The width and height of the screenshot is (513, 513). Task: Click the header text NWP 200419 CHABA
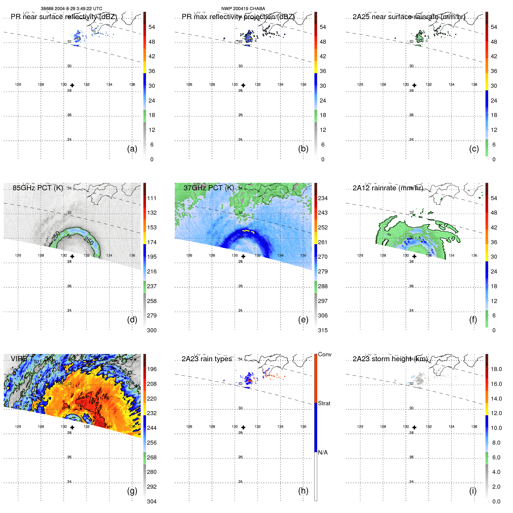(243, 9)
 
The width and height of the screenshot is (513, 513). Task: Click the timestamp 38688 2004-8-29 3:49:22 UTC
(72, 9)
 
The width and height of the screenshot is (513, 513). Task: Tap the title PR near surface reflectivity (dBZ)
(64, 17)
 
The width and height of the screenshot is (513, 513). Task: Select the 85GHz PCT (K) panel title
(38, 188)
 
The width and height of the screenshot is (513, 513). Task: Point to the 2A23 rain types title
(207, 359)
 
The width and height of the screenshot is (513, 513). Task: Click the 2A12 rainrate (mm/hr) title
(388, 188)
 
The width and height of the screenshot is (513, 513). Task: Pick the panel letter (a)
(132, 149)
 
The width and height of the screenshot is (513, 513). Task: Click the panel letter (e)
(303, 320)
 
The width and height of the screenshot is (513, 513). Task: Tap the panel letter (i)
(473, 491)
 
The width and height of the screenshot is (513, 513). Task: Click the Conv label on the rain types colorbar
(324, 355)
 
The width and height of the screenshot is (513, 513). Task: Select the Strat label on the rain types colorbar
(324, 404)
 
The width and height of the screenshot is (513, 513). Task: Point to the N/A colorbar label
(323, 452)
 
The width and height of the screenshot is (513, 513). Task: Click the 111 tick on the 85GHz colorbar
(152, 198)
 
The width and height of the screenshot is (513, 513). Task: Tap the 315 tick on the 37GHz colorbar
(323, 331)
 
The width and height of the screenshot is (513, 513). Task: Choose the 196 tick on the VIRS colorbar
(152, 369)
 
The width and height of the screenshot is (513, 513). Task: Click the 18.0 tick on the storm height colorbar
(496, 369)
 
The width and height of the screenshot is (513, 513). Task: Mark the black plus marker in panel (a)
(72, 85)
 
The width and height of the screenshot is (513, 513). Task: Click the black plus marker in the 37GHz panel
(243, 256)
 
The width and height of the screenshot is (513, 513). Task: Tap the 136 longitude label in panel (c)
(474, 85)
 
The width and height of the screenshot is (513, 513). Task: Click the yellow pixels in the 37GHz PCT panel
(248, 231)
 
